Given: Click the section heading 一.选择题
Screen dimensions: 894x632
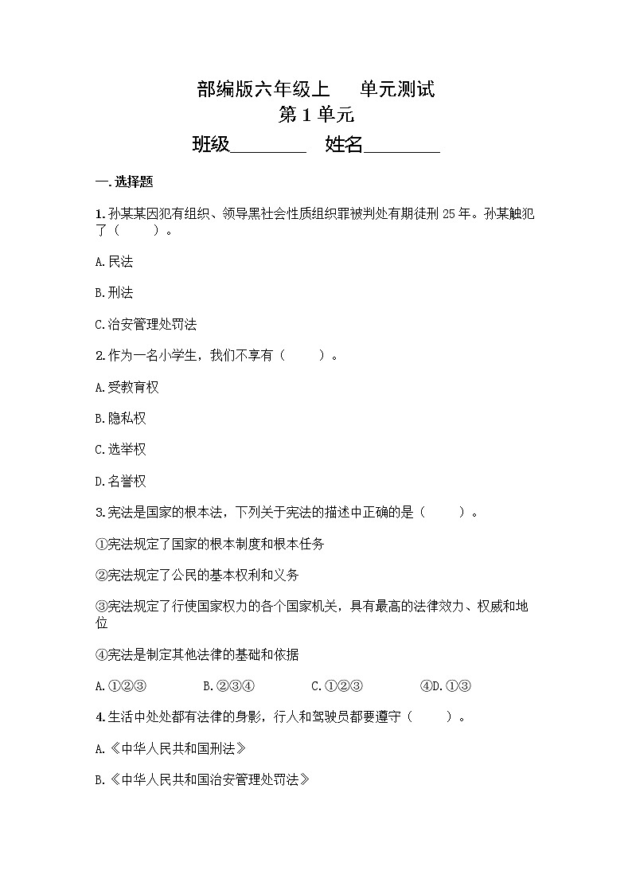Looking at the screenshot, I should click(x=124, y=182).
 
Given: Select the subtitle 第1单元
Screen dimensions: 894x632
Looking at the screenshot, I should click(x=316, y=115).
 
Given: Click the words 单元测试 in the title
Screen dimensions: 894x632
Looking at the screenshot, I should click(x=397, y=89).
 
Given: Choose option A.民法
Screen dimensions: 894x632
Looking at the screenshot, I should click(x=114, y=262).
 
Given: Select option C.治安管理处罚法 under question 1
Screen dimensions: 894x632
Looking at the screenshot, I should click(x=146, y=324).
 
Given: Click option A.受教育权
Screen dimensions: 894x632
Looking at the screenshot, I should click(x=127, y=387).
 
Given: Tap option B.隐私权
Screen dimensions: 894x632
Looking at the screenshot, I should click(x=120, y=418).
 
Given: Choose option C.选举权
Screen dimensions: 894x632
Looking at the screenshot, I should click(x=120, y=450).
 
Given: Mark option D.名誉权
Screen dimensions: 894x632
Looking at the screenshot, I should click(x=120, y=481).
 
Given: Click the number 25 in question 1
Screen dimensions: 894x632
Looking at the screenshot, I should click(x=464, y=213).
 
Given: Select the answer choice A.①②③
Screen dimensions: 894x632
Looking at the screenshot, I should click(x=121, y=686).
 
